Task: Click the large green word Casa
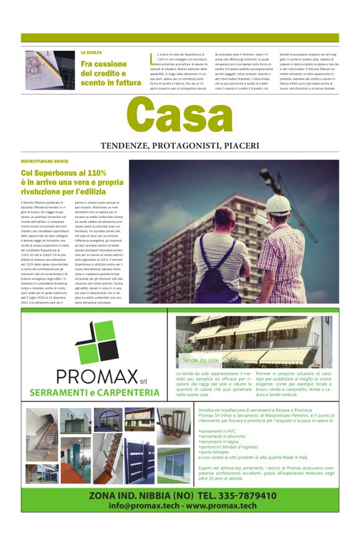point(180,117)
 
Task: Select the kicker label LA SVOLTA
point(91,53)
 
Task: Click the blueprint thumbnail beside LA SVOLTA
point(49,70)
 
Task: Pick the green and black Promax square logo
point(96,342)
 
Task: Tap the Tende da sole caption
point(200,360)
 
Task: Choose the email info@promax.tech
point(145,506)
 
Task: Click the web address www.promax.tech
point(221,506)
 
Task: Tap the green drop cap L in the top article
point(152,60)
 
